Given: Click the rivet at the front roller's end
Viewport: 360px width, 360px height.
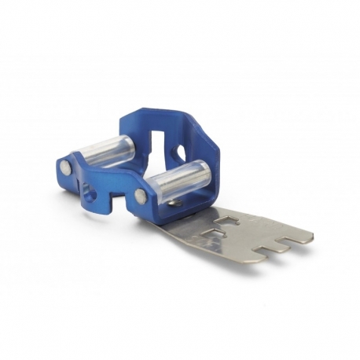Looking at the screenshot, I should [x=141, y=195].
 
